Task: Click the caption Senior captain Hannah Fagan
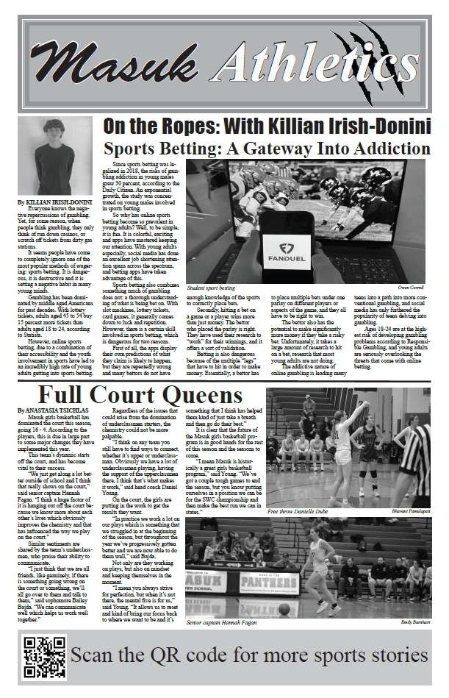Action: point(221,623)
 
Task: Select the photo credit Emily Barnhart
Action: point(415,623)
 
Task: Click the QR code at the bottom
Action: point(43,657)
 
